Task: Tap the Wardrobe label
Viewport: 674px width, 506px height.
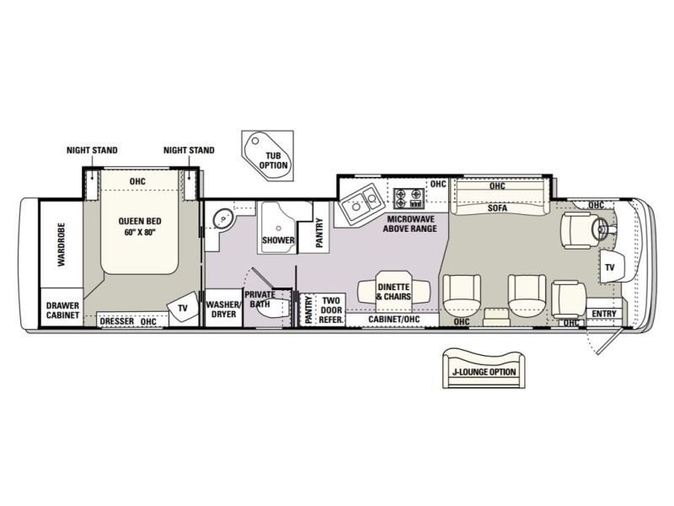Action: (x=62, y=245)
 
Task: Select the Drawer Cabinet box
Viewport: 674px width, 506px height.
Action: (x=62, y=308)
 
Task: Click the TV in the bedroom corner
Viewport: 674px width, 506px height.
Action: (x=183, y=308)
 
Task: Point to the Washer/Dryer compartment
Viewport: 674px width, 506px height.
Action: (x=223, y=308)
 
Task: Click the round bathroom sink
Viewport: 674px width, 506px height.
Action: (x=223, y=218)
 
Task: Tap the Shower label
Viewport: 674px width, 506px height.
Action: (x=279, y=240)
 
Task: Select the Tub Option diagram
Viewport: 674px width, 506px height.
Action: (x=268, y=155)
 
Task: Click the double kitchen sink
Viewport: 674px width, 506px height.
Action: (x=361, y=202)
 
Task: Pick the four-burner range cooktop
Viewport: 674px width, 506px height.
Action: (x=408, y=198)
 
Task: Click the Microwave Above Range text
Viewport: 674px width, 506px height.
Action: (x=409, y=223)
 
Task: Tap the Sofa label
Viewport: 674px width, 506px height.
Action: (x=497, y=208)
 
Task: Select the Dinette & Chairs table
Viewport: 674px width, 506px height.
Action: (x=393, y=291)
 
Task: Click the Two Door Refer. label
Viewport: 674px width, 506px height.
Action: (x=331, y=310)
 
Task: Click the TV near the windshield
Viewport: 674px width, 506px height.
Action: (x=610, y=266)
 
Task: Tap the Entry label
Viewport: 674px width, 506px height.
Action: (x=604, y=314)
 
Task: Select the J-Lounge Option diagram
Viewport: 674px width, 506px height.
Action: (x=484, y=369)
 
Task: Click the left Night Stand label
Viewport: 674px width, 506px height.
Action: (x=92, y=150)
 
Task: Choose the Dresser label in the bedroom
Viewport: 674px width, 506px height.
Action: (x=117, y=321)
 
